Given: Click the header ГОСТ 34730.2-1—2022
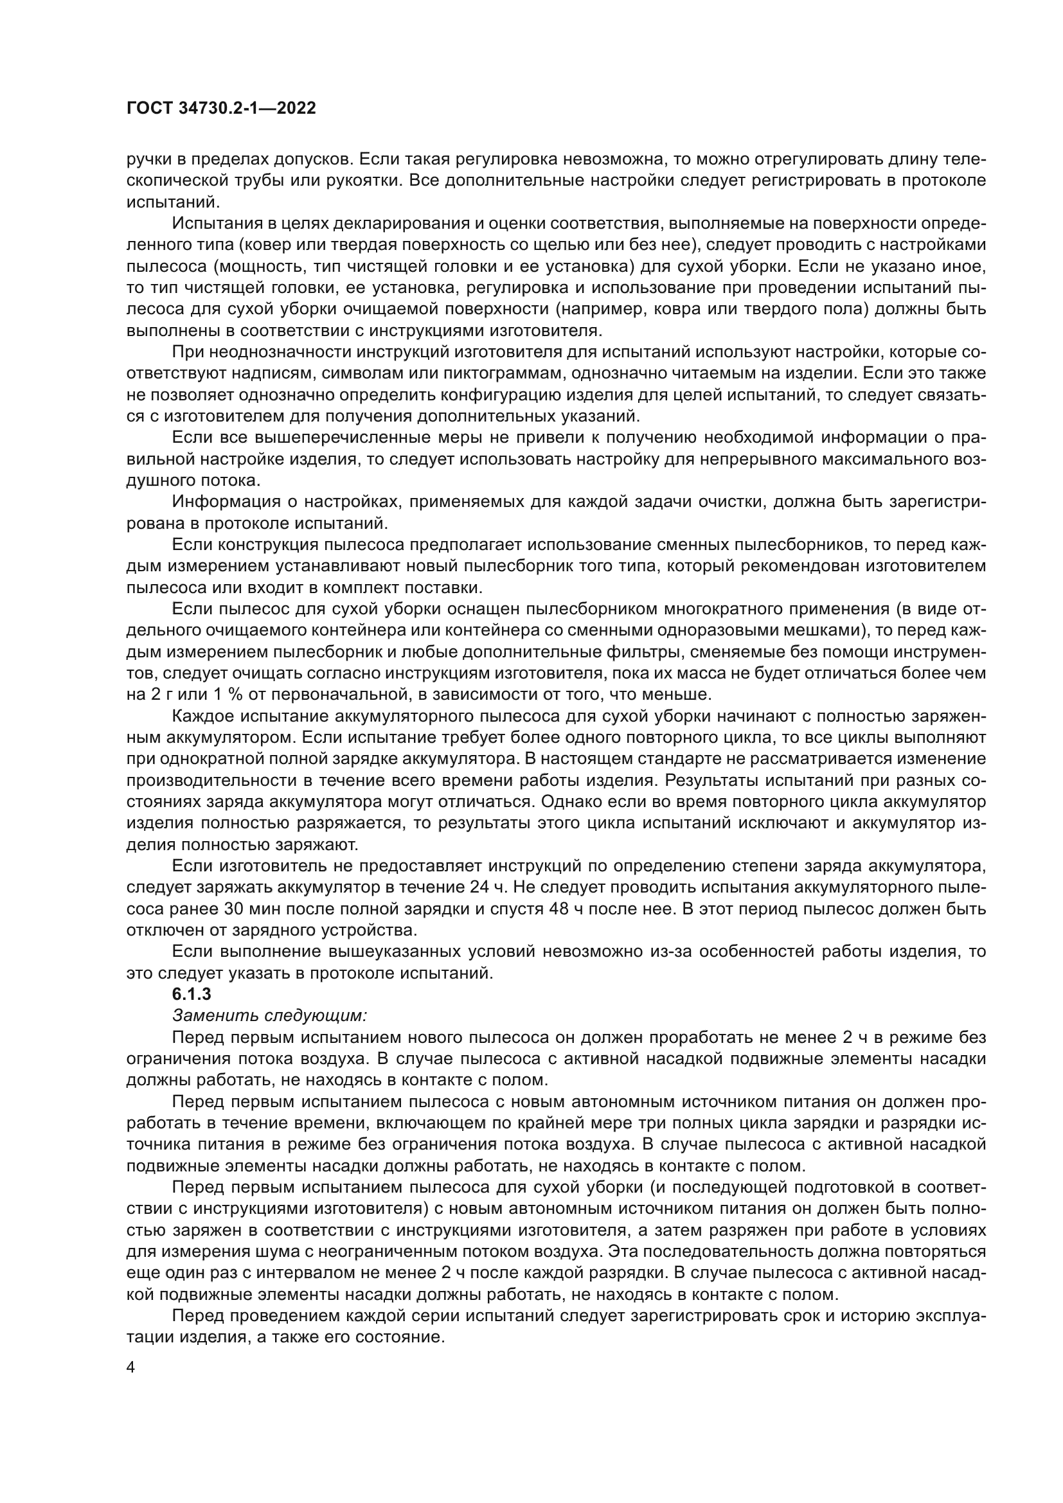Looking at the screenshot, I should [220, 109].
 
